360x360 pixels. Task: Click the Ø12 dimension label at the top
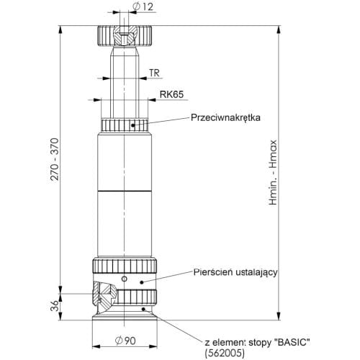143,7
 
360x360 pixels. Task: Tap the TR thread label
154,73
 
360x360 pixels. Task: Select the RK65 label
171,94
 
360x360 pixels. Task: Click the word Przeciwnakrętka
225,117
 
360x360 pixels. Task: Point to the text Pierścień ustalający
235,272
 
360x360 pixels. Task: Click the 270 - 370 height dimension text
55,159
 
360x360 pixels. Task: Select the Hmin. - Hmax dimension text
273,172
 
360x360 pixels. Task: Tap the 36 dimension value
55,305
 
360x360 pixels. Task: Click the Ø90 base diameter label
125,341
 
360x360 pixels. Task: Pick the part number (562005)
225,353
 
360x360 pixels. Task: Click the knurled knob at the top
124,35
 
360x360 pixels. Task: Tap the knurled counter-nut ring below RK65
125,125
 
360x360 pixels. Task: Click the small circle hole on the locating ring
124,279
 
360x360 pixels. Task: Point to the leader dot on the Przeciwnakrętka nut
132,125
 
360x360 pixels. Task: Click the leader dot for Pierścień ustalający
142,282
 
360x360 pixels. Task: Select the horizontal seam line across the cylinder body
125,192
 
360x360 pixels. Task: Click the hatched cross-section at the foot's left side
104,294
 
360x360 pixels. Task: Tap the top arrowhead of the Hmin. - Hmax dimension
279,30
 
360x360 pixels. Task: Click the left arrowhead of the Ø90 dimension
96,346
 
